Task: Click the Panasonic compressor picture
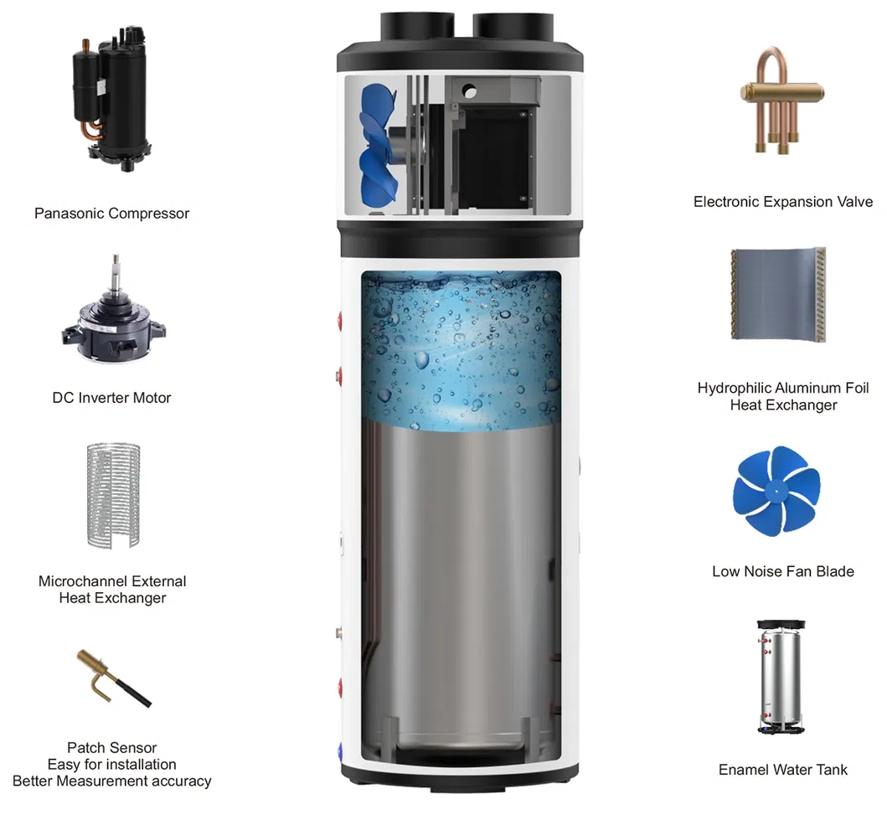click(112, 98)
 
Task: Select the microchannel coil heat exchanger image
click(113, 495)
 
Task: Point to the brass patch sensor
click(114, 678)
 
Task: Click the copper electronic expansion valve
click(782, 100)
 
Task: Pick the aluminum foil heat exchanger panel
click(778, 295)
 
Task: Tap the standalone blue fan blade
click(776, 490)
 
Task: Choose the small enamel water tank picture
click(781, 677)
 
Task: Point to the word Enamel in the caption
click(742, 770)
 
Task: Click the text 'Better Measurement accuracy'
click(112, 781)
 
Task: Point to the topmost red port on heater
click(340, 321)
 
